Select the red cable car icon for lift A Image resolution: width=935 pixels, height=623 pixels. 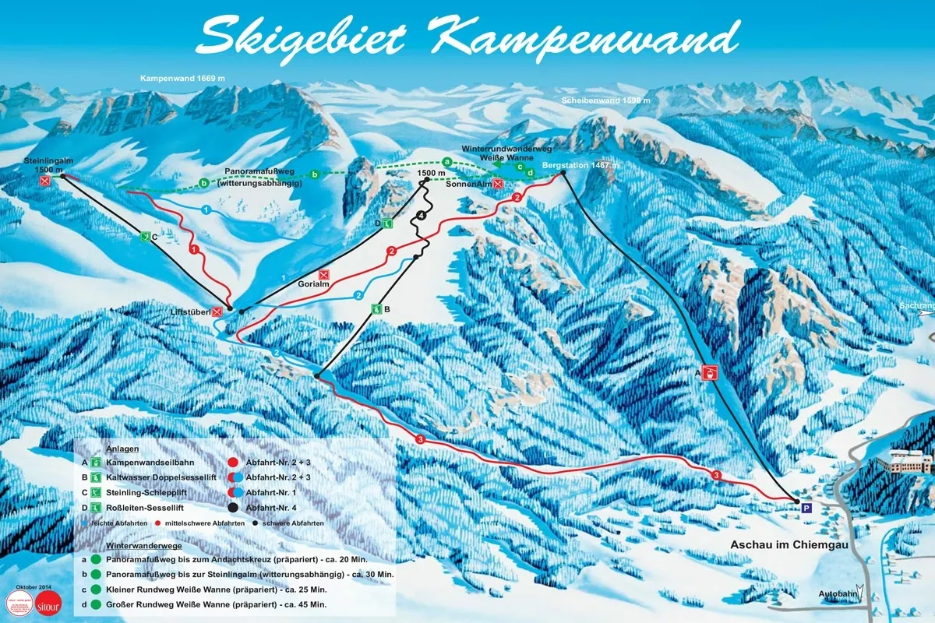pyautogui.click(x=710, y=373)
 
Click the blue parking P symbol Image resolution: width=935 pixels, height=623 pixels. pyautogui.click(x=806, y=507)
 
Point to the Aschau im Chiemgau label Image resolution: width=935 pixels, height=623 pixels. pyautogui.click(x=786, y=544)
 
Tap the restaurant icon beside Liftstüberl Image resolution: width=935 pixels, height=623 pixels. pyautogui.click(x=217, y=311)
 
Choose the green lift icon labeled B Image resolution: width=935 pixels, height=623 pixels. pyautogui.click(x=376, y=309)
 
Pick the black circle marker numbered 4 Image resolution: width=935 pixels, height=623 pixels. pyautogui.click(x=422, y=215)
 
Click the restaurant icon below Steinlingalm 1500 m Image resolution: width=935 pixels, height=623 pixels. pyautogui.click(x=45, y=181)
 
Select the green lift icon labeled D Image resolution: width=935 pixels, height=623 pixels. pyautogui.click(x=386, y=224)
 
